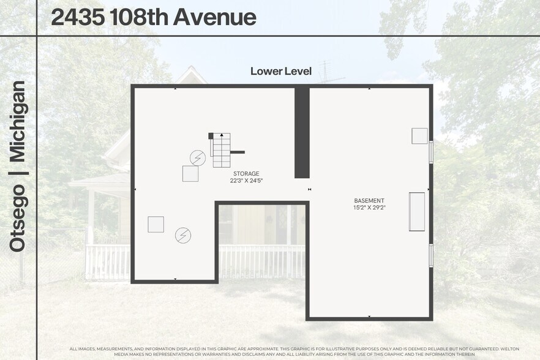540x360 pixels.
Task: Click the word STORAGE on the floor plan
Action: click(246, 174)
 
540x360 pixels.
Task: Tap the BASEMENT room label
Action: click(369, 201)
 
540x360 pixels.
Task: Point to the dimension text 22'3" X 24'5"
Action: click(246, 181)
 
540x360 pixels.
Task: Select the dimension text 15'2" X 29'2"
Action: click(369, 208)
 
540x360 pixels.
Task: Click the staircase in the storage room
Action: click(221, 151)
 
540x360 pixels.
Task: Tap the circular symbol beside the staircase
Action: click(197, 158)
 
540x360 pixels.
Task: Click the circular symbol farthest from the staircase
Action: click(182, 235)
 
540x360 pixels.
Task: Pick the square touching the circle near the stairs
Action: click(190, 174)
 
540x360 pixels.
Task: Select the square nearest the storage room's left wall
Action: click(156, 225)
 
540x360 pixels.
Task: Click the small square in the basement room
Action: click(419, 136)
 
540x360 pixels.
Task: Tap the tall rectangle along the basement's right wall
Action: click(417, 212)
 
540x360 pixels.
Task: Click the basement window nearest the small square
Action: click(431, 151)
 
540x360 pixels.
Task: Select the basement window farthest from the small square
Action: click(431, 255)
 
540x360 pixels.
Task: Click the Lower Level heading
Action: click(281, 72)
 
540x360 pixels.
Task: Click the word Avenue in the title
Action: click(214, 17)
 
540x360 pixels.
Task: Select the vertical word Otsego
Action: click(18, 219)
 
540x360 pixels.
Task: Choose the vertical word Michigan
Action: click(18, 121)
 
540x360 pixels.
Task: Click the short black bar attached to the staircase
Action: click(238, 152)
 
